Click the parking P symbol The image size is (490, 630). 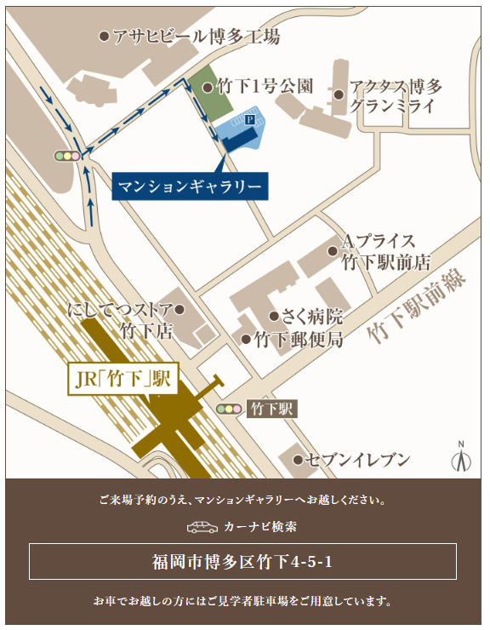coord(249,121)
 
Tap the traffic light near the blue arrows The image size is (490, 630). coord(66,156)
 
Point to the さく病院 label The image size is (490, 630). coord(312,317)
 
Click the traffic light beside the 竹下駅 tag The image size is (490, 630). coord(229,409)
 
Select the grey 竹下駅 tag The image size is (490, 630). coord(272,409)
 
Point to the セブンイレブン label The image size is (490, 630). coord(356,460)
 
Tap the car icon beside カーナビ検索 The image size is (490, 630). coord(202,527)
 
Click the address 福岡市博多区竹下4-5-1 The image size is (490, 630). coord(242,562)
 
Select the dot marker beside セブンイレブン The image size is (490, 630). coord(298,460)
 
